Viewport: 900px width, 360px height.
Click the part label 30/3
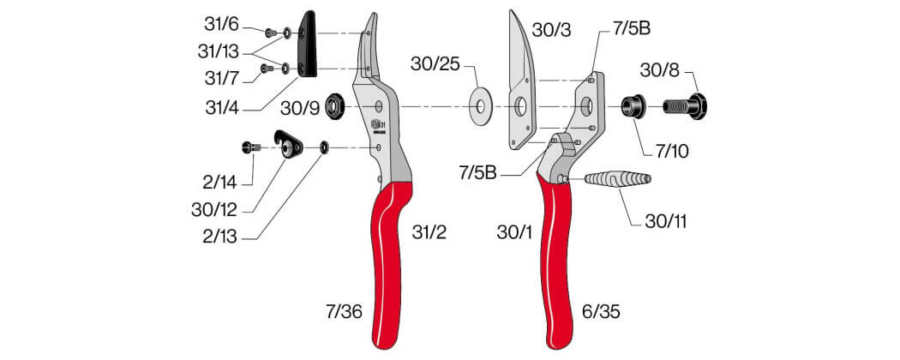pos(551,30)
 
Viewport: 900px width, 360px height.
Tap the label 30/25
pos(435,64)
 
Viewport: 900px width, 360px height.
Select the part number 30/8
pos(659,70)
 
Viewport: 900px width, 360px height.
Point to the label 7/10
pos(673,153)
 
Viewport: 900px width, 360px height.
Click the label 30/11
pos(665,222)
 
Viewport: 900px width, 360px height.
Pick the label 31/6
pos(221,24)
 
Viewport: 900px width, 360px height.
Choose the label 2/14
pos(219,183)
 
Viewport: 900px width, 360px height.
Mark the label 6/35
pos(600,312)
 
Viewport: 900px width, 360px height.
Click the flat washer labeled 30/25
pos(480,107)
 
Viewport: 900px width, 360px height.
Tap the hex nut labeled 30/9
pos(333,107)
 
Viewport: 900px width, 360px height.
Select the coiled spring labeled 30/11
pos(618,178)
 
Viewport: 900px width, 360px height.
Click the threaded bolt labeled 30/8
pos(686,106)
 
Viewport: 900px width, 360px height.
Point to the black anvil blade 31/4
pos(308,44)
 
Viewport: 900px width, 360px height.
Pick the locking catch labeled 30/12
pos(289,145)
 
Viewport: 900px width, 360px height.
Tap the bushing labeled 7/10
pos(633,107)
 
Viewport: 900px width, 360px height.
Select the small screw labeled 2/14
pos(251,147)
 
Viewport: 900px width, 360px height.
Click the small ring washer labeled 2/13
pos(324,148)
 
